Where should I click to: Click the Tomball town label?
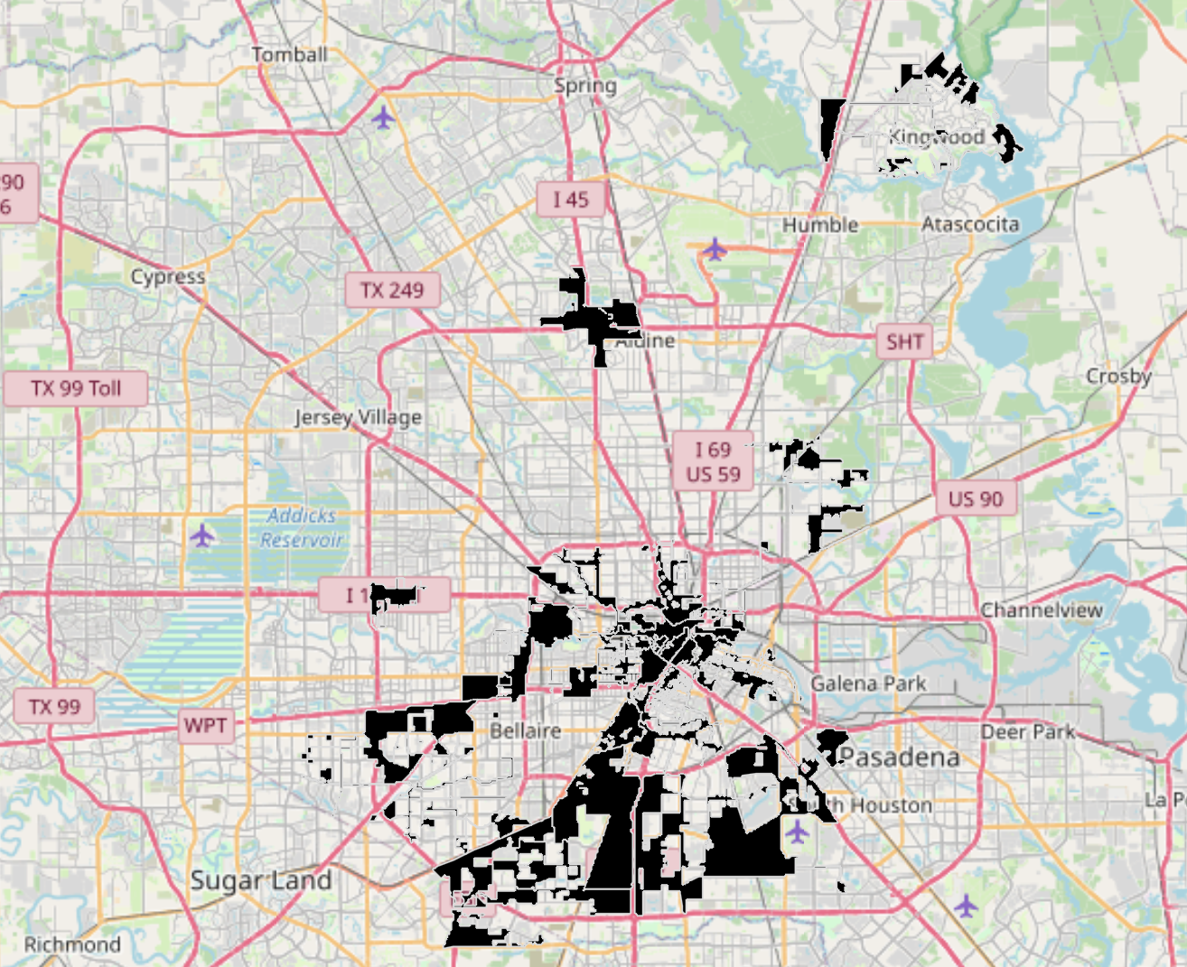tap(289, 55)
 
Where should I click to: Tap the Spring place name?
tap(585, 86)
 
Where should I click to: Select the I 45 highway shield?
tap(570, 200)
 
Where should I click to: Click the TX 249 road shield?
tap(392, 290)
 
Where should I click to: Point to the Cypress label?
tap(168, 277)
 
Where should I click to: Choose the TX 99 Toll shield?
tap(76, 388)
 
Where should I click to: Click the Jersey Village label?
tap(358, 417)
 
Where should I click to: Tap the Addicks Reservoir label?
tap(302, 528)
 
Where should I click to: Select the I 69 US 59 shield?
tap(713, 461)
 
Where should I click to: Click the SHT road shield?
tap(904, 342)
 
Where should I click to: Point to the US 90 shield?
tap(976, 499)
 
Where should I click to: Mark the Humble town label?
tap(820, 225)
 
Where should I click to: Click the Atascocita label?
tap(970, 224)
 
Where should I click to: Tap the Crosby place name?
tap(1118, 377)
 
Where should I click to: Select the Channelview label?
tap(1042, 610)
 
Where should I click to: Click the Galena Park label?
tap(868, 683)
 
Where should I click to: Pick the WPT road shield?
tap(205, 726)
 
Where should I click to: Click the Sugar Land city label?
tap(261, 881)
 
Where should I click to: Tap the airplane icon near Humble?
tap(715, 248)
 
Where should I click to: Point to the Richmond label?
tap(72, 945)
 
